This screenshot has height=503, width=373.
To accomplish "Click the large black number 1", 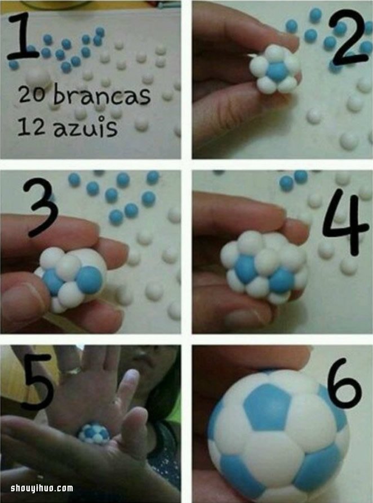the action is [23, 36].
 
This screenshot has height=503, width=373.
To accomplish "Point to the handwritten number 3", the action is [40, 207].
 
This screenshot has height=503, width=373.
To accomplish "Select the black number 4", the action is [345, 221].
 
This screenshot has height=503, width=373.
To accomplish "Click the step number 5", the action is [38, 381].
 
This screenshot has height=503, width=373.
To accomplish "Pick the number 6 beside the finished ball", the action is [344, 383].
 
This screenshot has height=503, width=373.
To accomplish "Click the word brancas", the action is [102, 95].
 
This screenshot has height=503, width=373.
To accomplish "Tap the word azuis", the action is [85, 127].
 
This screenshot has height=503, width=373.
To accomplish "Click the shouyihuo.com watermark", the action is [42, 488].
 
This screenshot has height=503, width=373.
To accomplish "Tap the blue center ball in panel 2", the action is [277, 71].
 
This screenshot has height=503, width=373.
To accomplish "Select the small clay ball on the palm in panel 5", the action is [94, 433].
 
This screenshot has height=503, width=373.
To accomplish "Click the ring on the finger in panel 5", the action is [70, 372].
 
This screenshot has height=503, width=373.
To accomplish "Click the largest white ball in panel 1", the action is [38, 77].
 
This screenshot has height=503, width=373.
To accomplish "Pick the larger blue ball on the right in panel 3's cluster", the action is [90, 280].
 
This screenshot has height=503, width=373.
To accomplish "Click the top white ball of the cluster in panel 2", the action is [275, 53].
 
